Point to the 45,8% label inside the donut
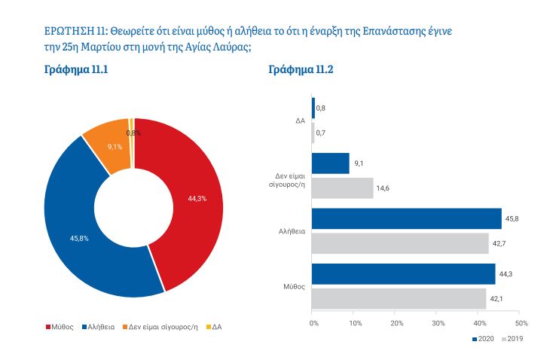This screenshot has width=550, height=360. [x=79, y=239]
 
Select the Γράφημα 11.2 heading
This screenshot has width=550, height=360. [x=301, y=70]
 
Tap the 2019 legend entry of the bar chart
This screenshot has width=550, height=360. [x=512, y=339]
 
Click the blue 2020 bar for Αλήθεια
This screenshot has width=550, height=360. [x=406, y=218]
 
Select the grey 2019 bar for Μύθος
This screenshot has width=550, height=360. [x=399, y=298]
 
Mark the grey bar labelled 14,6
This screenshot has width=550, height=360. [x=342, y=188]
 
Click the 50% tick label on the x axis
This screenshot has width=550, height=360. [x=521, y=322]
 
